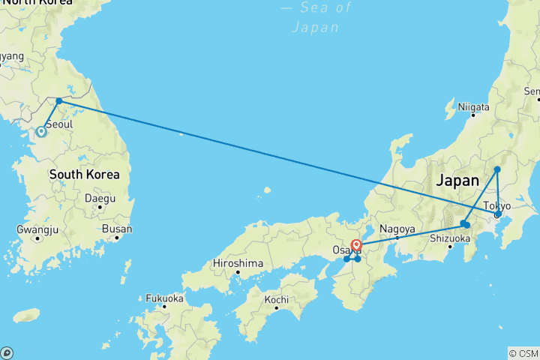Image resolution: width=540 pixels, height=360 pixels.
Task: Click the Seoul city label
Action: [58, 124]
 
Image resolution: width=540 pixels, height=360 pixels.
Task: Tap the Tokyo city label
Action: [496, 205]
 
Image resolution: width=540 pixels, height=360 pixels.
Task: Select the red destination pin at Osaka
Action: [356, 245]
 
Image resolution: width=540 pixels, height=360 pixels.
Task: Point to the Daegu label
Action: [100, 199]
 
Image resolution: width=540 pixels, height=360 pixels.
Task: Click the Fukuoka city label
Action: [164, 298]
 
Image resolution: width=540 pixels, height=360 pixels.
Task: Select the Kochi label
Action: [276, 300]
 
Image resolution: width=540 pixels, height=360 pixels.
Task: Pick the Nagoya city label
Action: [397, 229]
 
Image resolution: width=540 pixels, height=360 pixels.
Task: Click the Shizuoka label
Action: [450, 238]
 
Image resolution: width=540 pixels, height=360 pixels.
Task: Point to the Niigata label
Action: [473, 107]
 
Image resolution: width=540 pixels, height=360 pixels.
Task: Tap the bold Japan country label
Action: [457, 181]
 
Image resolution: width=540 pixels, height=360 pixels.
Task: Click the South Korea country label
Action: [84, 175]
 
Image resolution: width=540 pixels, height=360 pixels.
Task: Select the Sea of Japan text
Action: [315, 17]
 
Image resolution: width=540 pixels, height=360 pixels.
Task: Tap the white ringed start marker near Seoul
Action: [41, 132]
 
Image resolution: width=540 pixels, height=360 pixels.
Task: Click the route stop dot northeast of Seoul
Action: [59, 100]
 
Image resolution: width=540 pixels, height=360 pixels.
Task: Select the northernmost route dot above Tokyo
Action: [497, 169]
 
